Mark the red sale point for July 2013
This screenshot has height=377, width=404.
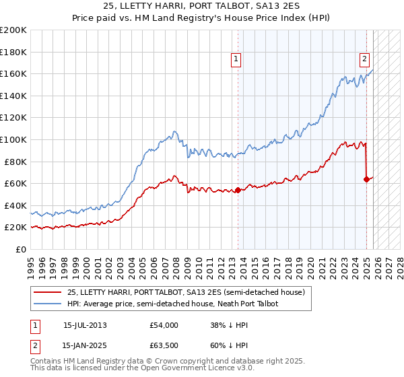point(238,190)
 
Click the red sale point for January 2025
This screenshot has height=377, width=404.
point(366,179)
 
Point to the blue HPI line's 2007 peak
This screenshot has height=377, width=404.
point(174,131)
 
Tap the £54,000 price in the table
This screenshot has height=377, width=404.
point(164,325)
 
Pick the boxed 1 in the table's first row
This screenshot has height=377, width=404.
point(35,325)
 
